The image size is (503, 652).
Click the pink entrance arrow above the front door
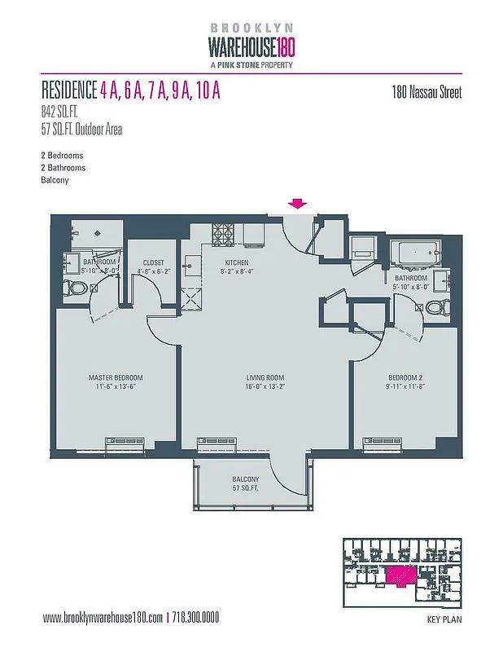[298, 204]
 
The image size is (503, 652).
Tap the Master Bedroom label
[116, 377]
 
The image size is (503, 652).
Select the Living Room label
[265, 377]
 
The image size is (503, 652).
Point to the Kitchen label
[238, 262]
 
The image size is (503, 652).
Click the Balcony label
[245, 478]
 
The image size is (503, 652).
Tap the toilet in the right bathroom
[438, 307]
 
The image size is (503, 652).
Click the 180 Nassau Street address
[426, 93]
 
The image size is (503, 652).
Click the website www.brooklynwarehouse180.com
[103, 617]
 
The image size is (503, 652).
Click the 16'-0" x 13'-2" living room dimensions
[265, 387]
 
